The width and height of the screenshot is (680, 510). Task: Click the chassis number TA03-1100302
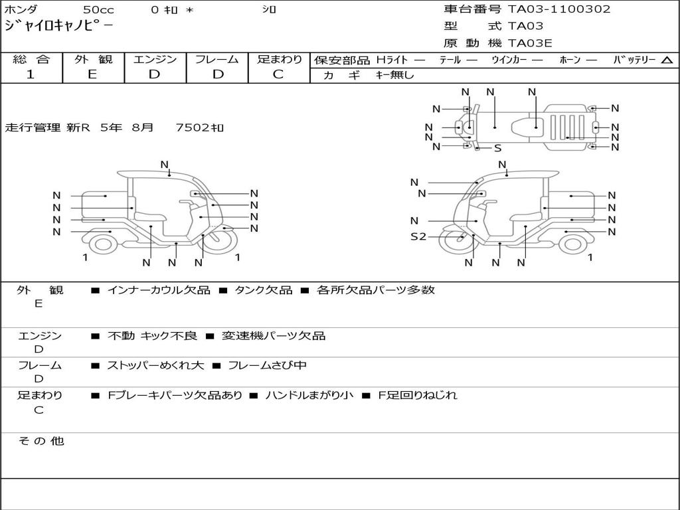559,9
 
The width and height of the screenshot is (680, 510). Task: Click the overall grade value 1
30,74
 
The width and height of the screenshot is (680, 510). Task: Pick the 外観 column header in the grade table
93,59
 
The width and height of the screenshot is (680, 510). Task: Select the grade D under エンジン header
154,74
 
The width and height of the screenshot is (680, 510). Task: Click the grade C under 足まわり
278,74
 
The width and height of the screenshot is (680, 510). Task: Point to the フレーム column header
216,59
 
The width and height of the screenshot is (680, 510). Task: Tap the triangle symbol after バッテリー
667,60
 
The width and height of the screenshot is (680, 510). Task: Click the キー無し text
394,75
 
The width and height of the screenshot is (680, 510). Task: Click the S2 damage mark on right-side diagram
418,236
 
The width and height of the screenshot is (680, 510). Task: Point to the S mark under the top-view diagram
497,149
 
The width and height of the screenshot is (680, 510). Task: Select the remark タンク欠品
263,290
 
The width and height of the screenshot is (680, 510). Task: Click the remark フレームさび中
267,365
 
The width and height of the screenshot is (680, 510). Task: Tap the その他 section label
41,441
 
